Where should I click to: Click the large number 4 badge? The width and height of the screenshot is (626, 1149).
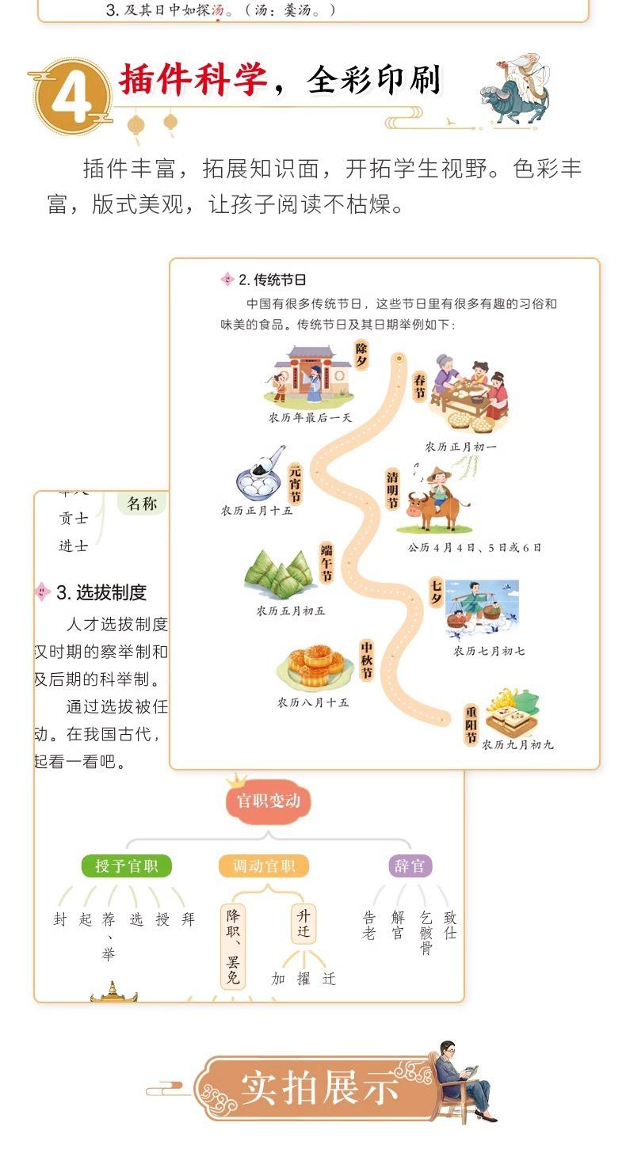tap(73, 96)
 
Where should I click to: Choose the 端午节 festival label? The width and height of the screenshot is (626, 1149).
tap(326, 562)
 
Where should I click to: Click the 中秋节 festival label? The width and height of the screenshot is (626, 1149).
tap(366, 660)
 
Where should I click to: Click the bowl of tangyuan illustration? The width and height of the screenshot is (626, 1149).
tap(260, 476)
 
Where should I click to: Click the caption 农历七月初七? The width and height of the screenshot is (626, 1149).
tap(488, 651)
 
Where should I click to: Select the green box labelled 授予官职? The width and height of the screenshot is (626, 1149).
tap(127, 866)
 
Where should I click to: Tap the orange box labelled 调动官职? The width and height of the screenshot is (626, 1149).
tap(264, 866)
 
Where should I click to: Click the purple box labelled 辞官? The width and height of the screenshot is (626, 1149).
tap(410, 866)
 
